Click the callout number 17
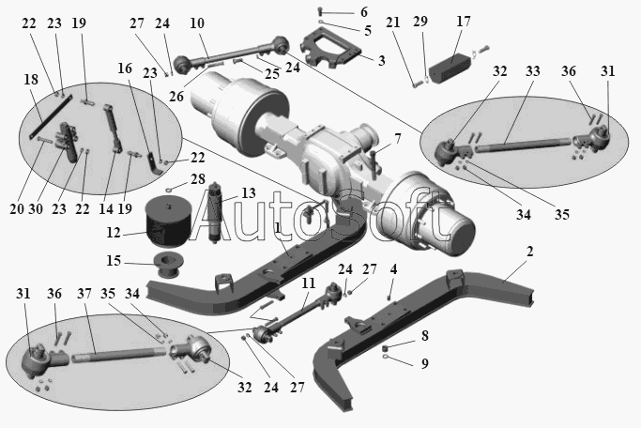pos(464,22)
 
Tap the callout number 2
pos(530,252)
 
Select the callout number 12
pos(114,233)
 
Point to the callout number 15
pos(114,261)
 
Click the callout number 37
pos(84,294)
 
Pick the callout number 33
pos(533,71)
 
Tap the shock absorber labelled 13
pos(215,213)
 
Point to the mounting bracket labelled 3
pos(331,49)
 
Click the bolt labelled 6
pos(321,12)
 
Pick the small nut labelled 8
pos(385,349)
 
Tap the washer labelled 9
pos(385,358)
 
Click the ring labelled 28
pos(170,190)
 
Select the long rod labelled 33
pos(523,145)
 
